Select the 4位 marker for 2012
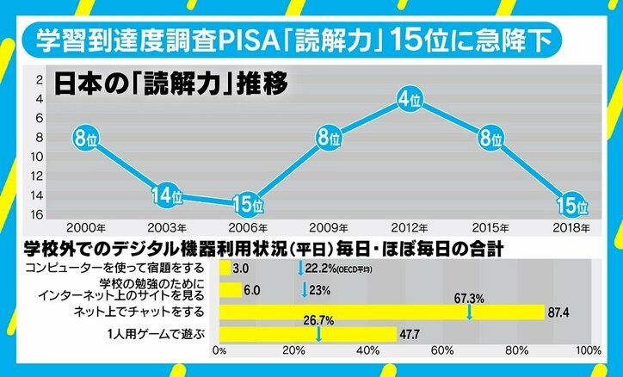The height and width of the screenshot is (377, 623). point(409,101)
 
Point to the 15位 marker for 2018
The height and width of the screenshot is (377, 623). point(572,206)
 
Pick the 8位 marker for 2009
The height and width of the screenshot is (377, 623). point(327,138)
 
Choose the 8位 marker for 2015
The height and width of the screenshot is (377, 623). point(490,138)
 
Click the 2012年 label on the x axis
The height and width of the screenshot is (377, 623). point(410,229)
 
